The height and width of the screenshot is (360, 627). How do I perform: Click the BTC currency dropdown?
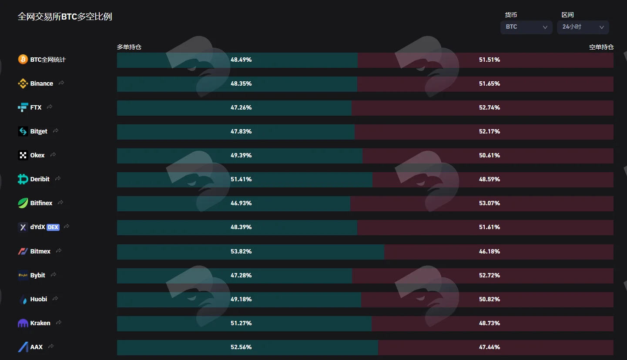(x=526, y=27)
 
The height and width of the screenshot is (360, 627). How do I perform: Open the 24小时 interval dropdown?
(x=583, y=27)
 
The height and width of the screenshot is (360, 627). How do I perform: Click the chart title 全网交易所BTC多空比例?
(x=65, y=17)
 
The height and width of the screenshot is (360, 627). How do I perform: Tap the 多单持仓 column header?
(x=129, y=47)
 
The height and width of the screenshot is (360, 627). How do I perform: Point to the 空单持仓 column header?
(x=601, y=47)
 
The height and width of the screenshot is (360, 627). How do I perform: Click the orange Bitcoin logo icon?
(x=23, y=59)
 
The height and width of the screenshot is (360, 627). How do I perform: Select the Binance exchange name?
(x=41, y=83)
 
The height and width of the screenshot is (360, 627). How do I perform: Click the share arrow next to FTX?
(x=50, y=107)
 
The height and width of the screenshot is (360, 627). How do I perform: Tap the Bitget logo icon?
(x=23, y=131)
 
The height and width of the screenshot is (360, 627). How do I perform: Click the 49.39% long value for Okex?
(x=241, y=155)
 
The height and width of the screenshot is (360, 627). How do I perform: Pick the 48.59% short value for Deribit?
(x=489, y=179)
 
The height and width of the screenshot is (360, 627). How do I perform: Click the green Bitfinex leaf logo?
(x=23, y=203)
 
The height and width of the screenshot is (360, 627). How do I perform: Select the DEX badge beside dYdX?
(x=53, y=227)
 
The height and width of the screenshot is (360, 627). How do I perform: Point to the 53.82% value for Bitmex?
(x=241, y=251)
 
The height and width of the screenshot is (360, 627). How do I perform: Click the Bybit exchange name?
(x=37, y=275)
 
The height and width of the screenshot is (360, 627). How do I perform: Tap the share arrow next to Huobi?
(x=55, y=298)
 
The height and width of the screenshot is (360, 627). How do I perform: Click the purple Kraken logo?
(x=23, y=323)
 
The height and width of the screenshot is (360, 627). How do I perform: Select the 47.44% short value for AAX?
(x=489, y=347)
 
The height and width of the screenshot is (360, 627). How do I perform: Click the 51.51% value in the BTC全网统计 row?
(x=489, y=60)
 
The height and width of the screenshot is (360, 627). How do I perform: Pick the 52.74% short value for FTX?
(x=489, y=107)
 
